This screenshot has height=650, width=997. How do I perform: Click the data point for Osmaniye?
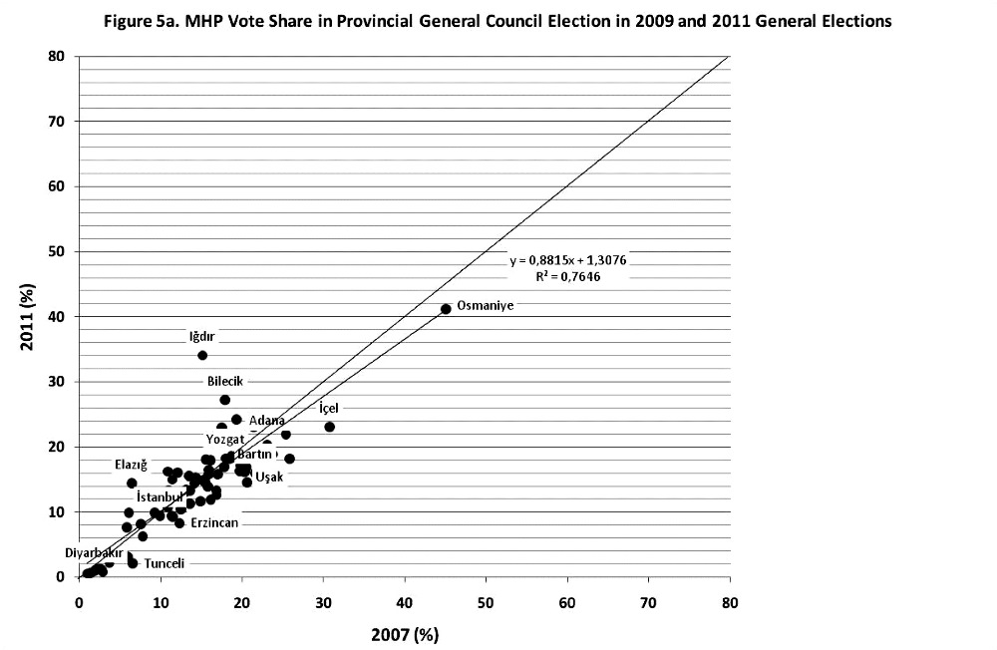pyautogui.click(x=446, y=309)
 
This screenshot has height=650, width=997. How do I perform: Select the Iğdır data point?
pyautogui.click(x=202, y=355)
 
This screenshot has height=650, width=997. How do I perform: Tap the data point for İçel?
pyautogui.click(x=330, y=427)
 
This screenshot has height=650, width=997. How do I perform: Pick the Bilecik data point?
pyautogui.click(x=225, y=400)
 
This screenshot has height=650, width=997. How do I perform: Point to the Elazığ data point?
pyautogui.click(x=132, y=483)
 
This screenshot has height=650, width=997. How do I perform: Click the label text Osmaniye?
pyautogui.click(x=485, y=306)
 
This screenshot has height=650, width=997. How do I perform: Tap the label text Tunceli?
pyautogui.click(x=165, y=563)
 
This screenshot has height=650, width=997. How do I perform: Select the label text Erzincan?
pyautogui.click(x=214, y=522)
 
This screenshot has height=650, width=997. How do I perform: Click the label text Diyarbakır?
pyautogui.click(x=94, y=552)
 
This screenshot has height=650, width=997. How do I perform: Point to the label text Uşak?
pyautogui.click(x=269, y=478)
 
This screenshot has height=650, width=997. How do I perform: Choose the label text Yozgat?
pyautogui.click(x=224, y=440)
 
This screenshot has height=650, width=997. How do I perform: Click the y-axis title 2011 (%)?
pyautogui.click(x=25, y=315)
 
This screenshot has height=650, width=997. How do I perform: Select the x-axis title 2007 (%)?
pyautogui.click(x=404, y=634)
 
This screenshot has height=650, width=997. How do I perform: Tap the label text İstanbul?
pyautogui.click(x=160, y=496)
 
